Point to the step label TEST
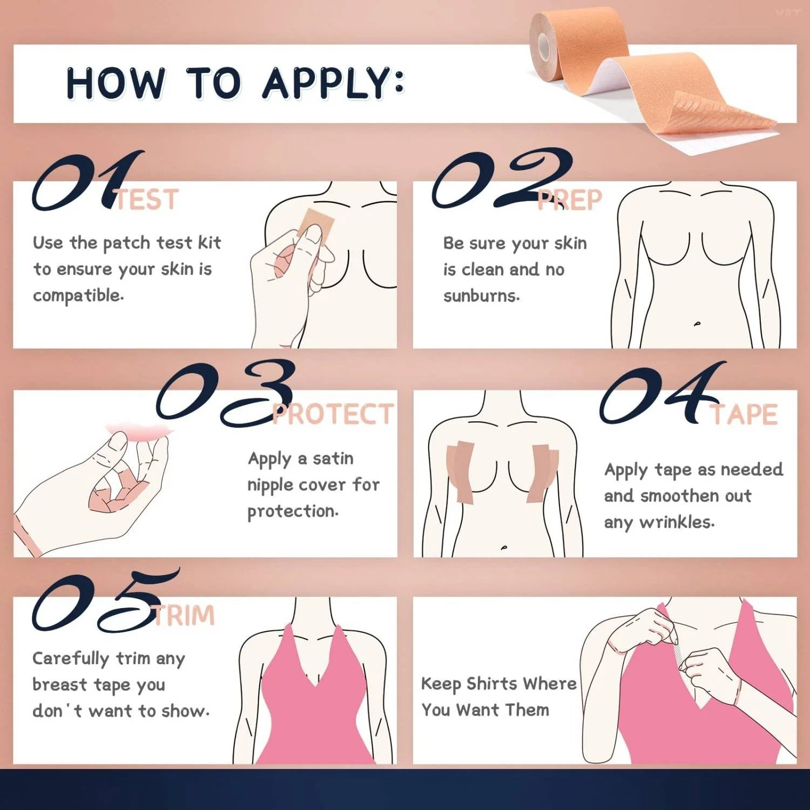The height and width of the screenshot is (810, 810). coord(146,200)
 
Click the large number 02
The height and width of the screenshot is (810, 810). coord(502,178)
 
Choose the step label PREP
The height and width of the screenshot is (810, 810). coord(569,200)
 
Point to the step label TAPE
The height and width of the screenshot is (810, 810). coord(744,414)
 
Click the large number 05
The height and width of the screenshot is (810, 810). coord(106,600)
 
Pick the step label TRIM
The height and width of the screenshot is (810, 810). coord(184,616)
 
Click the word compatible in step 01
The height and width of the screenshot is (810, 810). coord(78,296)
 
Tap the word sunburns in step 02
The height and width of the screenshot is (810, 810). coord(481,296)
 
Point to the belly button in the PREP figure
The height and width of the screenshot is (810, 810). coord(697,324)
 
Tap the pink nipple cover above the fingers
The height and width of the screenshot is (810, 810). coord(140,430)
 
